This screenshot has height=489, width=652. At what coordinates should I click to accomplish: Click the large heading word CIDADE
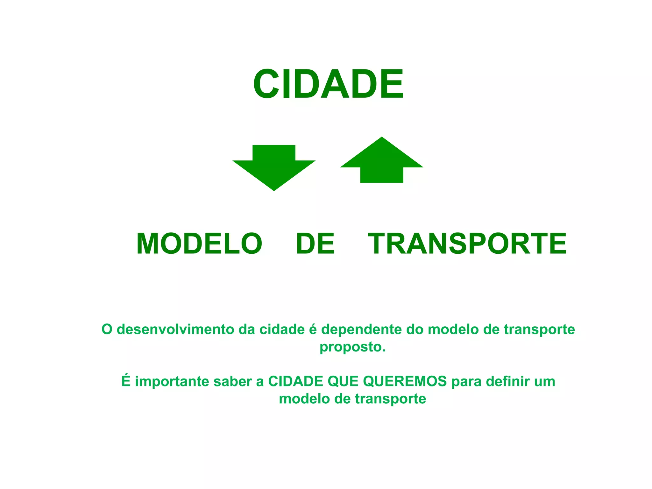click(x=328, y=84)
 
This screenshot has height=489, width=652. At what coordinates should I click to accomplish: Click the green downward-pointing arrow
click(x=274, y=167)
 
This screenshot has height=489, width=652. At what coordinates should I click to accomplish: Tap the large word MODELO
click(x=199, y=244)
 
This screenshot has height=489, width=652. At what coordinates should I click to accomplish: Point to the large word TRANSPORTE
click(x=467, y=244)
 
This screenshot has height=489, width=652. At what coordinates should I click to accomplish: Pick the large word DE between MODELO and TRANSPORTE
click(x=315, y=244)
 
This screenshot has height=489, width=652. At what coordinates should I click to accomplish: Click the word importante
click(x=172, y=381)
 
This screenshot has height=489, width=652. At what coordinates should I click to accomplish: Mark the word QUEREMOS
click(x=405, y=381)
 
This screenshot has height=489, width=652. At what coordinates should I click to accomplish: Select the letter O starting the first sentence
click(x=107, y=330)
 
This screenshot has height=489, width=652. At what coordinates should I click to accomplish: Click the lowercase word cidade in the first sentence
click(x=282, y=330)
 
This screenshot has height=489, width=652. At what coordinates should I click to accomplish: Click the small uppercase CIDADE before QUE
click(x=296, y=381)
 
